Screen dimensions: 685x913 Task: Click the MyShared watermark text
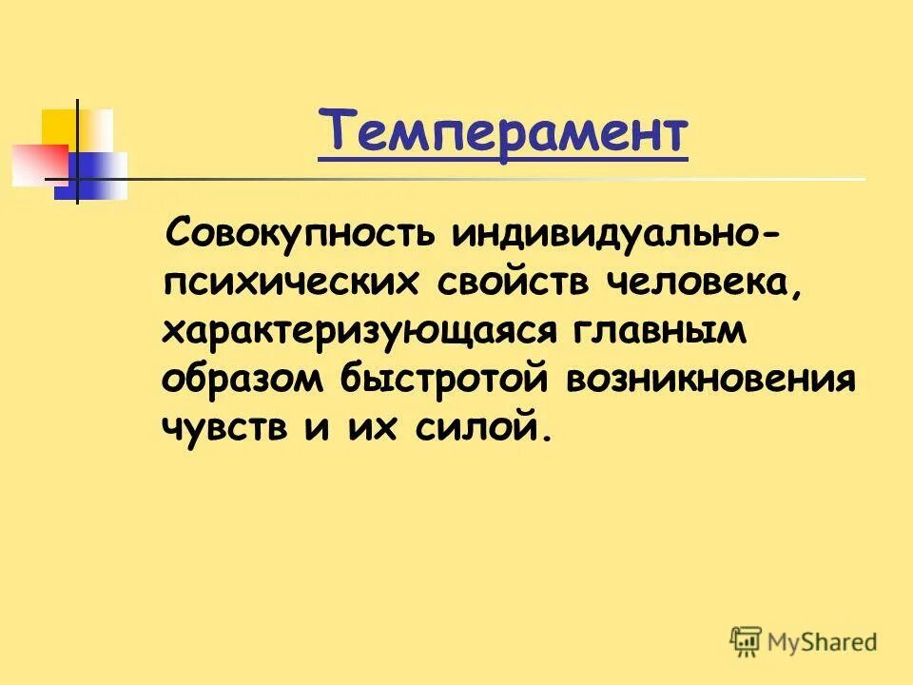[823, 642]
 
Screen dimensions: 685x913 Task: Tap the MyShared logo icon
[747, 641]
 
